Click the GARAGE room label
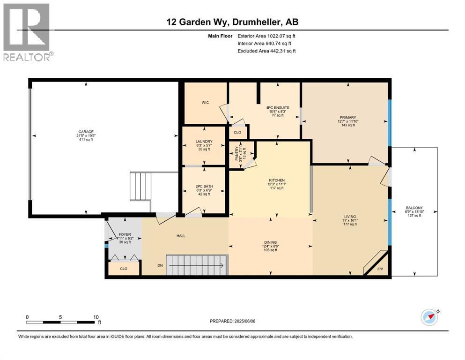click(x=86, y=132)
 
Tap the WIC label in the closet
click(x=205, y=102)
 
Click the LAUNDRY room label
click(x=204, y=141)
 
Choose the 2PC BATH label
click(x=204, y=186)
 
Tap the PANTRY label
click(x=237, y=153)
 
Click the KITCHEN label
click(x=277, y=180)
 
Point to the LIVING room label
click(x=349, y=217)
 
